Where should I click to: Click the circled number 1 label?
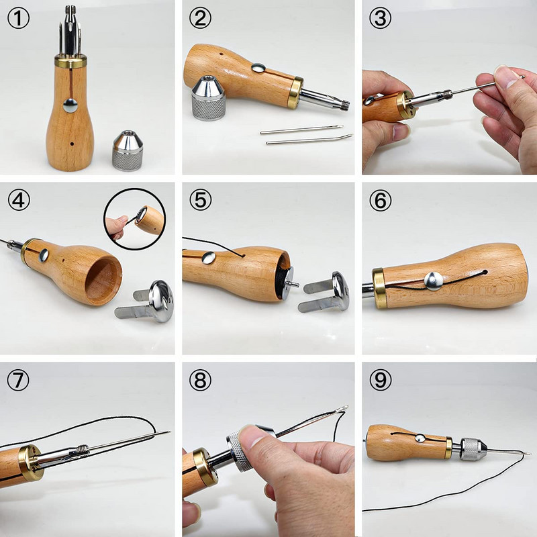(19, 18)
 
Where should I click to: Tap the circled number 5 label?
(200, 199)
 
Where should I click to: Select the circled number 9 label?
(380, 381)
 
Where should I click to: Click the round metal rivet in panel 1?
(70, 104)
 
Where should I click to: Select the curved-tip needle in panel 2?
(309, 139)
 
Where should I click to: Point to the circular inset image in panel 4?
(134, 218)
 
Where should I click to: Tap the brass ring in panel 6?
(379, 289)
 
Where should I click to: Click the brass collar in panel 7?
(30, 463)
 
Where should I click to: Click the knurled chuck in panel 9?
(471, 446)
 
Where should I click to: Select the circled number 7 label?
(19, 381)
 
